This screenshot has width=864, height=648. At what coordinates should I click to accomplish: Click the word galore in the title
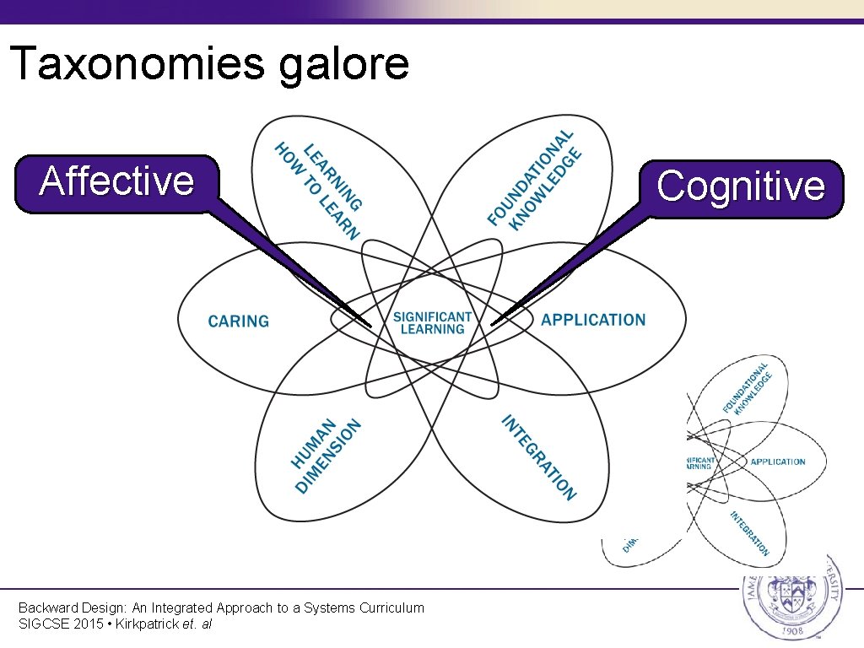[x=343, y=65]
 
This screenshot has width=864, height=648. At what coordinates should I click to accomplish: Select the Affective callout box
[x=116, y=181]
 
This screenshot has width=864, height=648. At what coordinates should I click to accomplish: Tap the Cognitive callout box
[x=741, y=186]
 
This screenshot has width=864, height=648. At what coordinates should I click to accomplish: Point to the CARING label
[x=239, y=321]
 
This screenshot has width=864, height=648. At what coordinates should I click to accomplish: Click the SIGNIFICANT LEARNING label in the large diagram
[x=432, y=322]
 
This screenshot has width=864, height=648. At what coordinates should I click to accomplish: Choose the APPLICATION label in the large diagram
[x=593, y=321]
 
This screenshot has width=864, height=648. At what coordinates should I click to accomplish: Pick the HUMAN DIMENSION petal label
[x=326, y=455]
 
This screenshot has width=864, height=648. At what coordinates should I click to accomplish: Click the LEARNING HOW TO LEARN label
[x=320, y=189]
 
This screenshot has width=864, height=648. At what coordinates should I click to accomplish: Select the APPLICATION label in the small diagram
[x=777, y=462]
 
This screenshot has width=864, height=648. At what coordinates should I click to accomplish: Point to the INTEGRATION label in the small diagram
[x=750, y=533]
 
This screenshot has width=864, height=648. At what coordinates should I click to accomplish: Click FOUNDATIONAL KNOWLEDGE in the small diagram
[x=747, y=388]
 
